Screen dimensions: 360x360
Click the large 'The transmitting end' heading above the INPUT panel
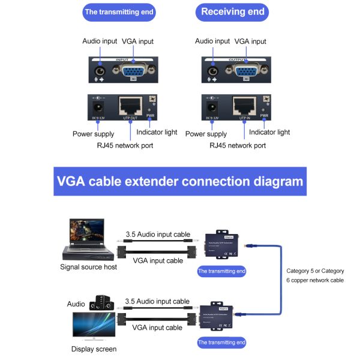click(x=119, y=12)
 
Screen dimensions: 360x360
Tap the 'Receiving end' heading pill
click(x=232, y=11)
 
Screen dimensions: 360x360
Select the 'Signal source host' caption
click(x=89, y=266)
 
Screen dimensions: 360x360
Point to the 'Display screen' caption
click(x=94, y=349)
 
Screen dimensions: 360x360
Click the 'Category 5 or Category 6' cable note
click(x=316, y=275)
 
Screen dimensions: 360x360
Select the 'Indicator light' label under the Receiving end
click(x=269, y=132)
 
